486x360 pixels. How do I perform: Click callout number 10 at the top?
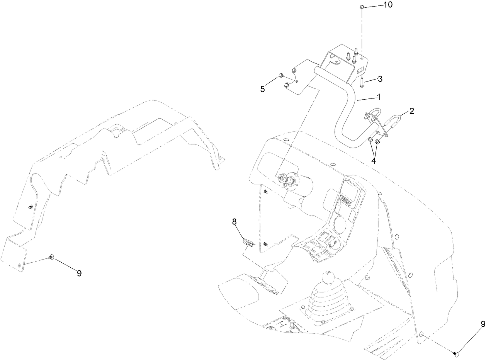click(387, 5)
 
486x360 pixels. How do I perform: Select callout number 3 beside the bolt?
click(380, 79)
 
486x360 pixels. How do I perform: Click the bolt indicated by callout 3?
click(361, 82)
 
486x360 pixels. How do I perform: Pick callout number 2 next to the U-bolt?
click(411, 111)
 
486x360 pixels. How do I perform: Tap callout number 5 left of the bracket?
click(263, 89)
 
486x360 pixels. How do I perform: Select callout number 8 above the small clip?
click(234, 222)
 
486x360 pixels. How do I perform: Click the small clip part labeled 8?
click(247, 242)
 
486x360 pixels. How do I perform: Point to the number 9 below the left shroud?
click(79, 273)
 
